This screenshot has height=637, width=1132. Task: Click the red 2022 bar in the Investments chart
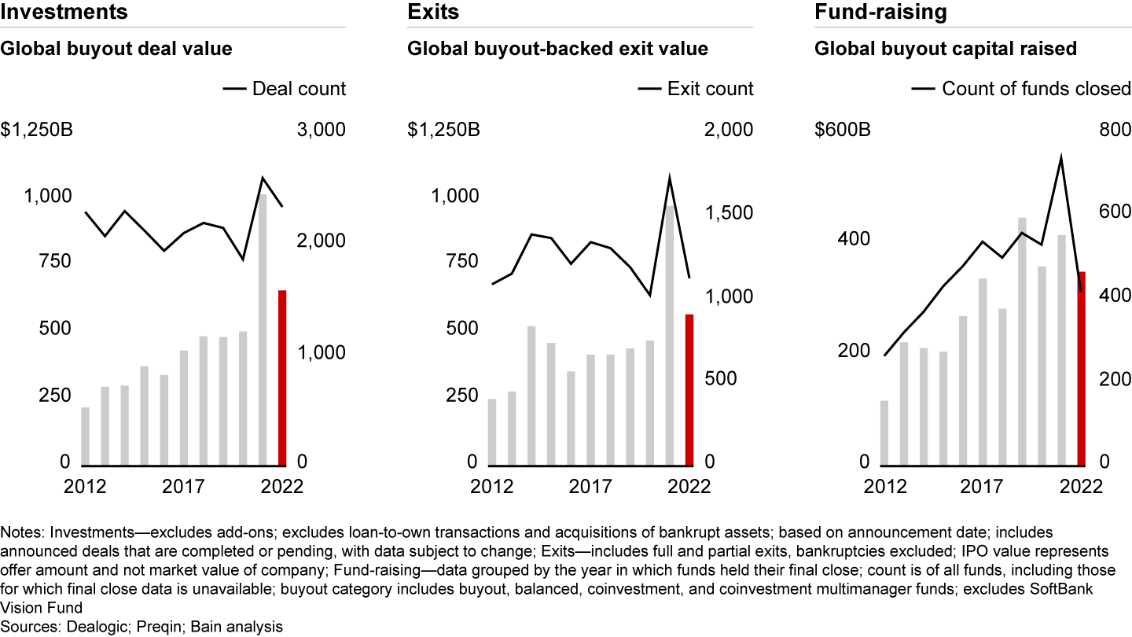tap(282, 377)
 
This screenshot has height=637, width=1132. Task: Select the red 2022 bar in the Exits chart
tap(689, 389)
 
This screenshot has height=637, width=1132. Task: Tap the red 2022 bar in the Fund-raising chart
tap(1082, 367)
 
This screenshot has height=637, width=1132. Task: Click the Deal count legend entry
tap(285, 89)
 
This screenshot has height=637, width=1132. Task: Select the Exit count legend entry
tap(696, 89)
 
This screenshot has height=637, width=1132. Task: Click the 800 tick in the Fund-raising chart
tap(1115, 130)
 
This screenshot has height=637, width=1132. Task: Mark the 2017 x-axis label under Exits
tap(590, 486)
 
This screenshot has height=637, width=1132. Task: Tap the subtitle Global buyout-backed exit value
tap(557, 49)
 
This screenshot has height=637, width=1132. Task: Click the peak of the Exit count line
tap(670, 179)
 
